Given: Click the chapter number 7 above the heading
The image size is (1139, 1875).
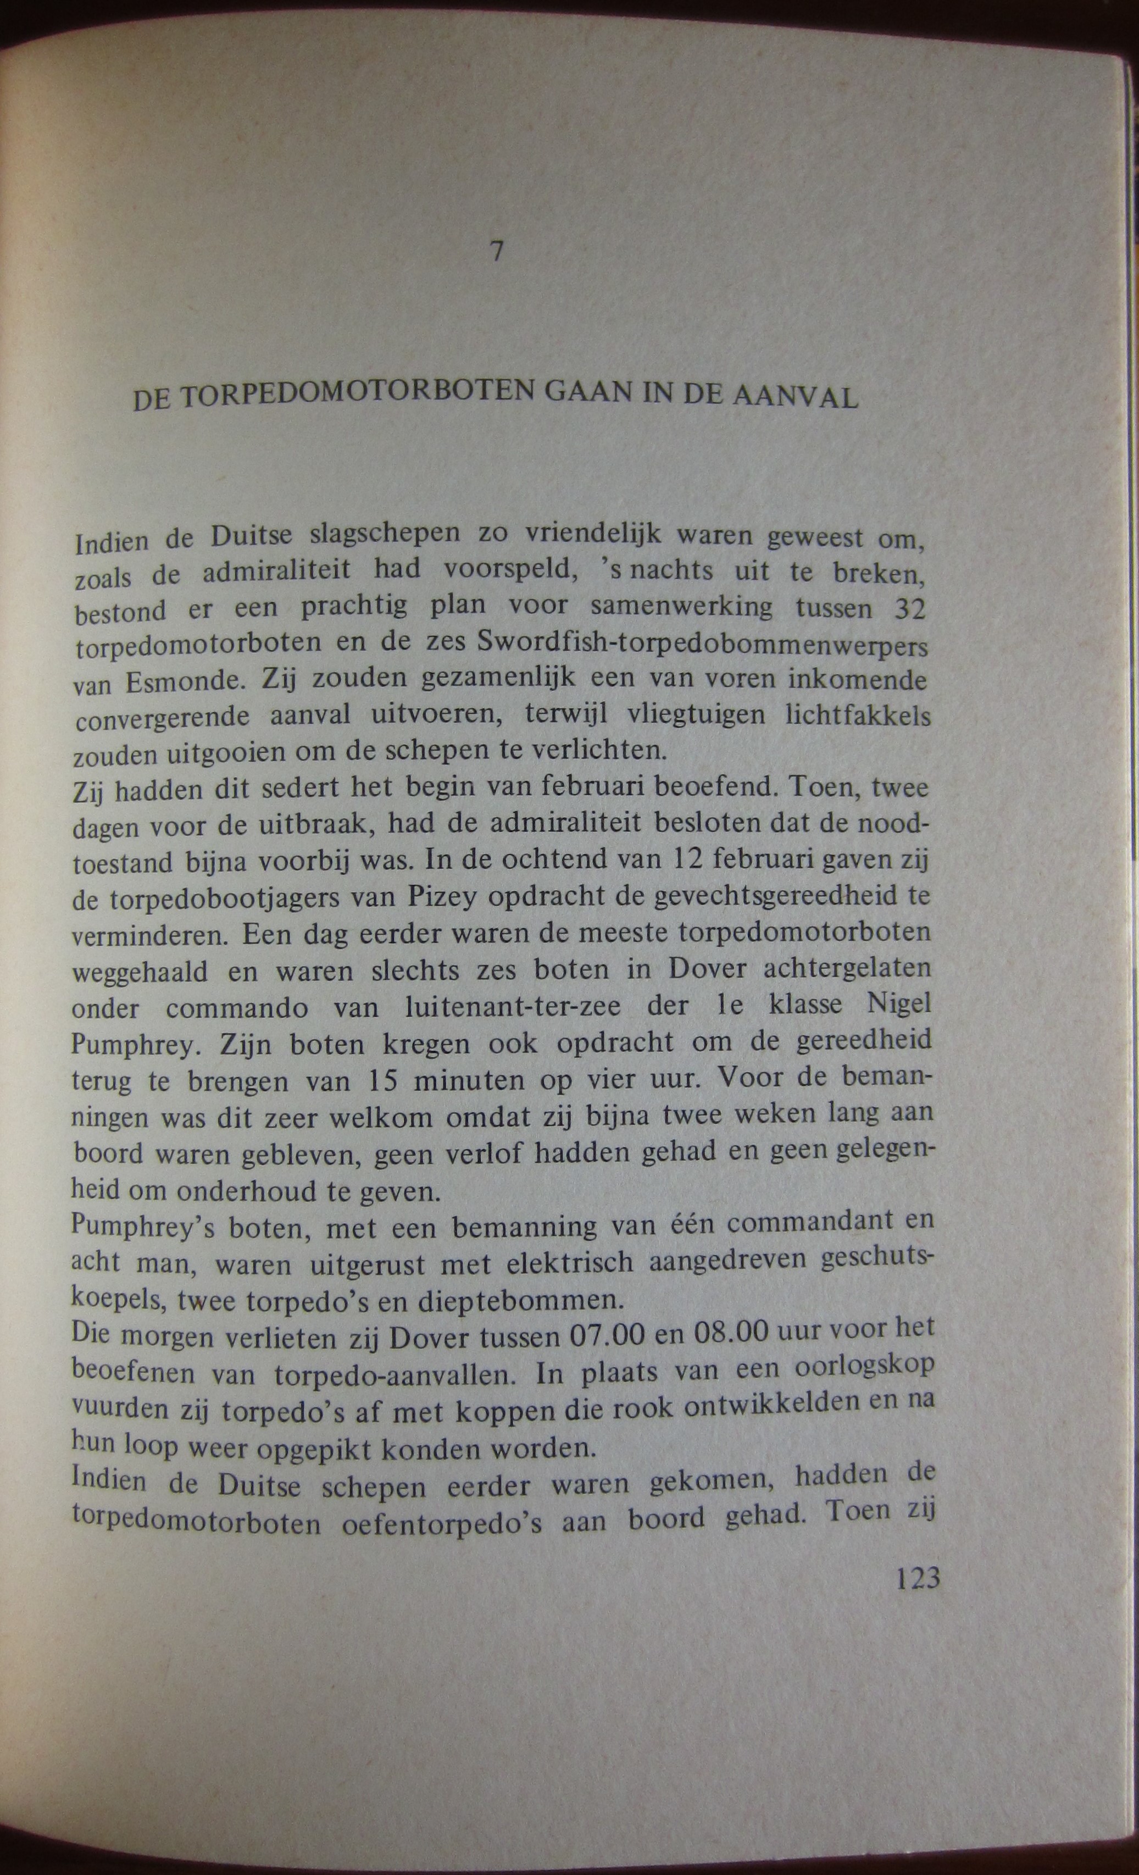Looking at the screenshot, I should pyautogui.click(x=497, y=251).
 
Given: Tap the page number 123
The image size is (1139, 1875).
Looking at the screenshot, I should pyautogui.click(x=918, y=1578).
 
